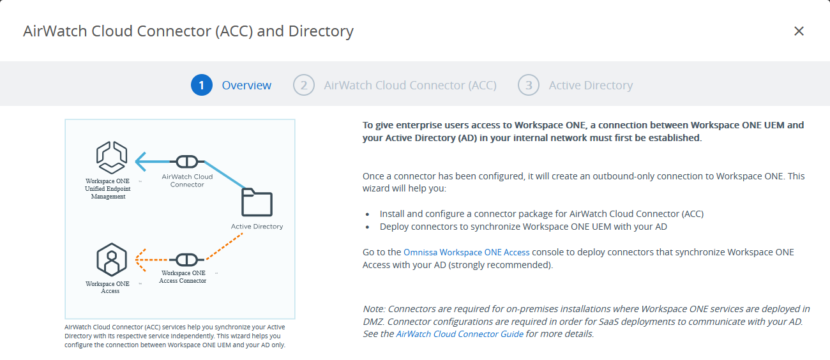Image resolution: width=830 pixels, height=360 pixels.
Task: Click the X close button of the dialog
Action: (x=799, y=31)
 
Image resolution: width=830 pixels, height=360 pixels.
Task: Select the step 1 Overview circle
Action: (x=201, y=85)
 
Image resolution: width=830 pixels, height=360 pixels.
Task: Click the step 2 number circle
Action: (x=303, y=85)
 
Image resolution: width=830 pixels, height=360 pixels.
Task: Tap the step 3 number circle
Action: (x=528, y=85)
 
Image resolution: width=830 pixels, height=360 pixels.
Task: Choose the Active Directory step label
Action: (x=591, y=86)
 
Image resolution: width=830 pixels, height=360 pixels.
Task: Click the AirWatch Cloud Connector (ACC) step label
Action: (x=410, y=86)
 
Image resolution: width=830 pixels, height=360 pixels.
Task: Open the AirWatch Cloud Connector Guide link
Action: (x=460, y=334)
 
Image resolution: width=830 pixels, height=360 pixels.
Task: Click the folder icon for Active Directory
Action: (x=257, y=202)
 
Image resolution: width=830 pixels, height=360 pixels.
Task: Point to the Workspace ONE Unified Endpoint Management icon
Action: (x=112, y=158)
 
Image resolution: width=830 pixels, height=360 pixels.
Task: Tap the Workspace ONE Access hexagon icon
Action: (x=112, y=259)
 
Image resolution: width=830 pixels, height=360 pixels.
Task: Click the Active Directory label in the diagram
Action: (x=257, y=227)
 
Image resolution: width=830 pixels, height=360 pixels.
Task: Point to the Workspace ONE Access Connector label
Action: (x=183, y=277)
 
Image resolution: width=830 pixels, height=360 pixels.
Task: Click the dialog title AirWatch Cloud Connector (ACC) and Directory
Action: (x=188, y=31)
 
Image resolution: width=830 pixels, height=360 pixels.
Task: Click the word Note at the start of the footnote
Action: (x=373, y=310)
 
